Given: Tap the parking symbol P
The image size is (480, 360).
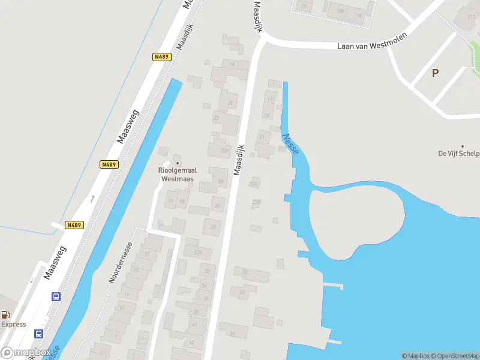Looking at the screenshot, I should point(435,73).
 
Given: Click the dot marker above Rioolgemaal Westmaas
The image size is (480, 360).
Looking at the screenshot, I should point(177,163).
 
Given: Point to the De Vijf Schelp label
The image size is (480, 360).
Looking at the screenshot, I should point(459,154).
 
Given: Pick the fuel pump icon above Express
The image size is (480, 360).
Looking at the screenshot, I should point(6,314).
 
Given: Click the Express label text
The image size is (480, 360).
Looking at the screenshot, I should point(13,325).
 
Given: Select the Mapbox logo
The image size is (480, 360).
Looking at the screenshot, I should point(25,353).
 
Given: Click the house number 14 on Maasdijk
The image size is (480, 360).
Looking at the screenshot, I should point(232,64).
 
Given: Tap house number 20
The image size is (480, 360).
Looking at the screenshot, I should point(230,103).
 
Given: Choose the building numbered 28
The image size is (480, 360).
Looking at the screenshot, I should point(213,226).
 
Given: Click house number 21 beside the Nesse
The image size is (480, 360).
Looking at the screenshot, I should point(262,137).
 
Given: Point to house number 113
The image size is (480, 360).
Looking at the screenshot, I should point(472,16).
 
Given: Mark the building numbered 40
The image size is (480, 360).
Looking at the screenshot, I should point(194,324).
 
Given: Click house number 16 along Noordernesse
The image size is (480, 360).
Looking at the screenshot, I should point(148,253).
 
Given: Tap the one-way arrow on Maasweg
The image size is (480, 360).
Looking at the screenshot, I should point(92,197).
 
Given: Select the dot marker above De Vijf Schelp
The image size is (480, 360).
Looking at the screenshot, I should point(462,146).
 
